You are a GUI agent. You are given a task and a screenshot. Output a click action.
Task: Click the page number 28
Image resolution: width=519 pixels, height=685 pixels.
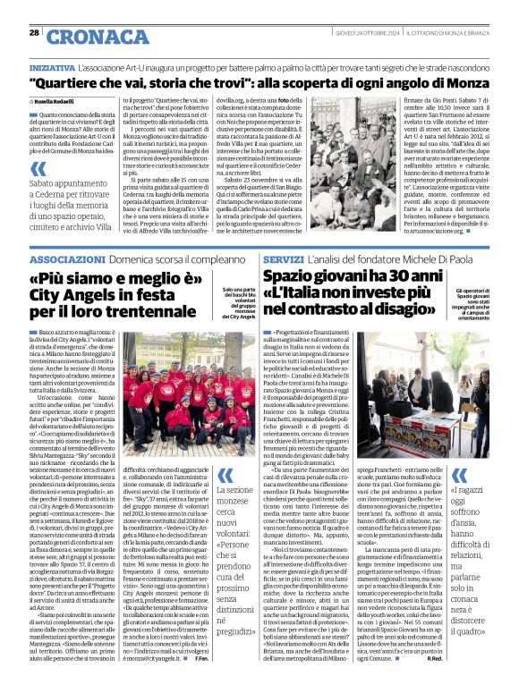pyautogui.click(x=33, y=32)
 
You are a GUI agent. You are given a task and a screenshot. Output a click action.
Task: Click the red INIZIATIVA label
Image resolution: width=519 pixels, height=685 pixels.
pyautogui.click(x=52, y=67)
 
